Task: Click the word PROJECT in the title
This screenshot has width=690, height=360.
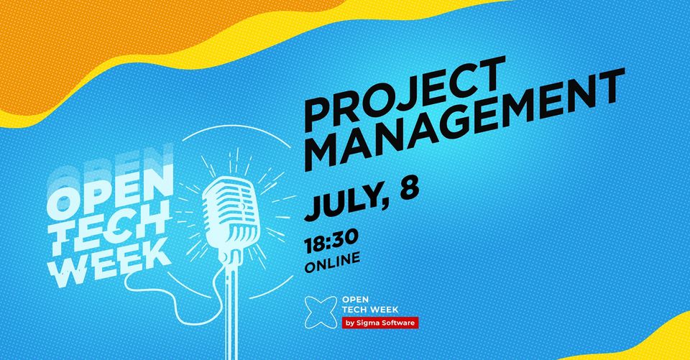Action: point(405,95)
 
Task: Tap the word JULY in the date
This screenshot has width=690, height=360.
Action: point(343,204)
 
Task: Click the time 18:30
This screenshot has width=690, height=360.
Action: point(331,241)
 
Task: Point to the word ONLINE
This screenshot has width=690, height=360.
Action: point(332,262)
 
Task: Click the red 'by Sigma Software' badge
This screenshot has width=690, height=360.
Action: point(380,323)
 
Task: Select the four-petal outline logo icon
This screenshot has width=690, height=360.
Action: point(321,313)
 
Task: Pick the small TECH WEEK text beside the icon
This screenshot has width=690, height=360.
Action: point(370,310)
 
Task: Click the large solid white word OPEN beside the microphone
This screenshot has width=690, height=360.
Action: point(110,193)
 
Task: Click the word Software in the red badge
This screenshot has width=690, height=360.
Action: point(400,323)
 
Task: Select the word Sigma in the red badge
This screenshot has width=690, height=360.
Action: point(372,324)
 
